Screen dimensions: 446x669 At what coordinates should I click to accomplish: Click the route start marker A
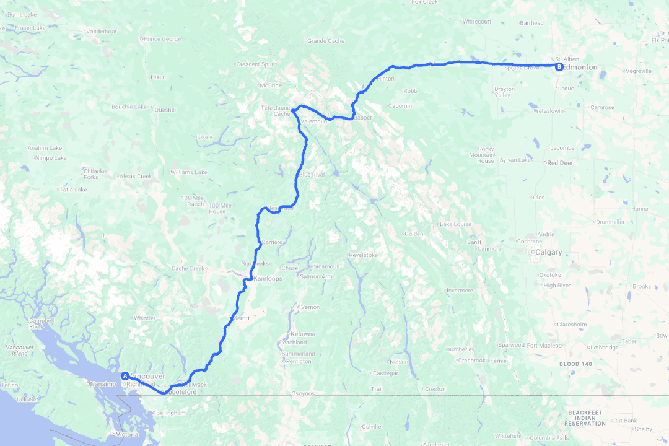coord(125,375)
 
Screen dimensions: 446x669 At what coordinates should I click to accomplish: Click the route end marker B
coord(559,67)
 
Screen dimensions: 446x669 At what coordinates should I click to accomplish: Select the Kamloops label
coord(268,279)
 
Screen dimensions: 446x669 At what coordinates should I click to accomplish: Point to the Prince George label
coord(162,39)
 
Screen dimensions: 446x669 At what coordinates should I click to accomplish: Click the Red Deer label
coord(559,163)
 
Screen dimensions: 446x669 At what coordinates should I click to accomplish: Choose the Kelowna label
coord(302,334)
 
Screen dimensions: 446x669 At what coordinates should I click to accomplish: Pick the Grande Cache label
coord(325,41)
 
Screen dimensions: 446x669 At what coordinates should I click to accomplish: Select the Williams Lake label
coord(189,172)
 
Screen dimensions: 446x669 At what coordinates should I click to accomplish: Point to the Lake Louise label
coord(455,224)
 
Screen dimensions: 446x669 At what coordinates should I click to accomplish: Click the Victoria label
coord(127,434)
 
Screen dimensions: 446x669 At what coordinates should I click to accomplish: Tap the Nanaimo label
coord(104,384)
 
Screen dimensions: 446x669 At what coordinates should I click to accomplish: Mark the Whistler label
coord(144,318)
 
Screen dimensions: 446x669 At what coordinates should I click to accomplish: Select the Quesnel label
coord(165,110)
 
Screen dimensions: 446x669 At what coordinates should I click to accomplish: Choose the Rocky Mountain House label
coord(486,155)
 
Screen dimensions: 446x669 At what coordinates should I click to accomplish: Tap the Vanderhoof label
coord(102,31)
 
